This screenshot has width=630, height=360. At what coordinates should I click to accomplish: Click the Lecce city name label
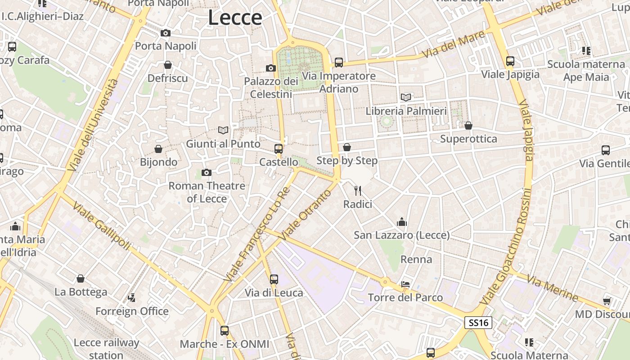235,18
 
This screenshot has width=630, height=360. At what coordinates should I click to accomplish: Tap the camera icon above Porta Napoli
166,33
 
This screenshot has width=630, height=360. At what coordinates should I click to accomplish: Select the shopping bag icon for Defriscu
168,65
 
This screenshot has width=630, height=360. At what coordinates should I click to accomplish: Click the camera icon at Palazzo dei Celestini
271,68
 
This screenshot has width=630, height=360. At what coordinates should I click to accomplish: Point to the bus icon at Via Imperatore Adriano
338,63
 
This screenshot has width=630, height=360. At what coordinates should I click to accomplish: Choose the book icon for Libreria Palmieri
406,97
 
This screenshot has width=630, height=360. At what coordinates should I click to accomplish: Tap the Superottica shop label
468,139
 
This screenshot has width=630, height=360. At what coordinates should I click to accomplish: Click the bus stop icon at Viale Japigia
510,61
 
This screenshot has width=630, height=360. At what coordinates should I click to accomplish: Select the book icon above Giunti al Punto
223,130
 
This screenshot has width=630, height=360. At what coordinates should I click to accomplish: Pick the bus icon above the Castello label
279,149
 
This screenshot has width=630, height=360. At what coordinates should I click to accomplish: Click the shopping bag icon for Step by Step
346,147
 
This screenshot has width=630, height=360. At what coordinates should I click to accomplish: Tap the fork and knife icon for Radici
358,191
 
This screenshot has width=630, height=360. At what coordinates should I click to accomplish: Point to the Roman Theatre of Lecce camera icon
207,172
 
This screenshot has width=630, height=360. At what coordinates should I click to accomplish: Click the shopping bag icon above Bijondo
158,149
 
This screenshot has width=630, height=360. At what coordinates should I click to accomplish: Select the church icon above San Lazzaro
401,222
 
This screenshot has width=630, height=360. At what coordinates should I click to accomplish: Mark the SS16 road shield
478,323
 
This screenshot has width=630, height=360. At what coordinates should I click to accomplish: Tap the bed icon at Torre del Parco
405,284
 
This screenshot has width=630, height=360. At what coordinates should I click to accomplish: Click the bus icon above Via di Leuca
274,279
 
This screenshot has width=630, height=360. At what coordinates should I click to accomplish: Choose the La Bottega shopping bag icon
81,279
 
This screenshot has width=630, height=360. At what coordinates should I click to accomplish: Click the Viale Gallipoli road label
102,226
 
